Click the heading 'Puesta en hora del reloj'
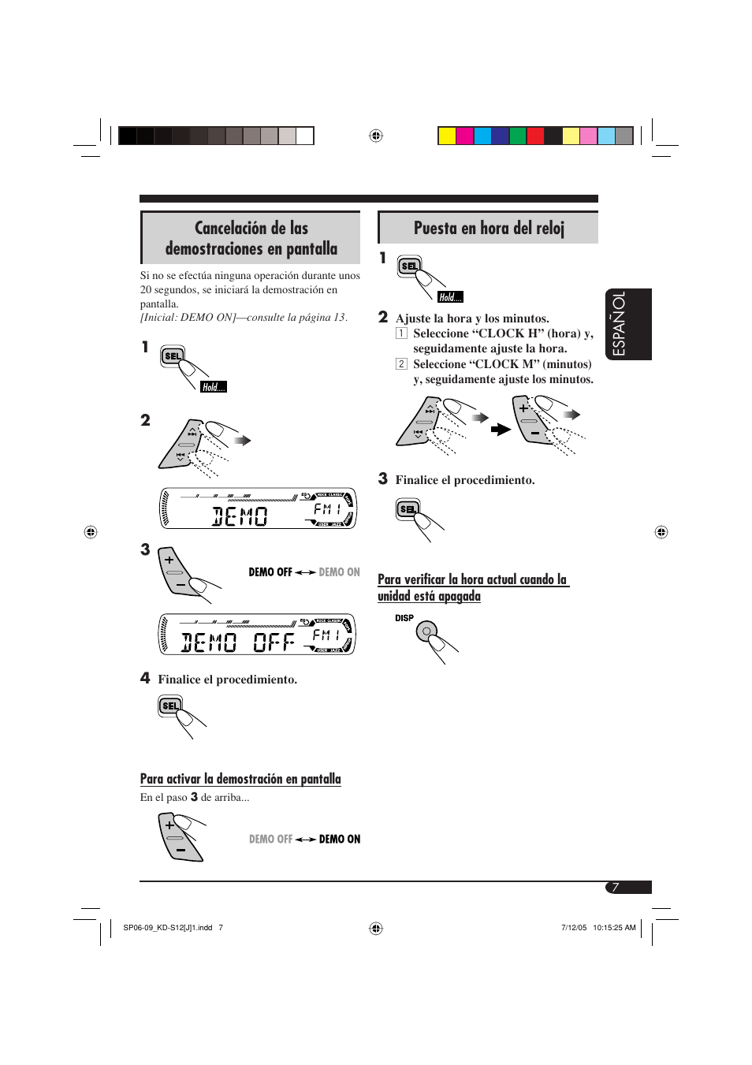[489, 229]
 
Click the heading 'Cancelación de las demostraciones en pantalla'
[251, 238]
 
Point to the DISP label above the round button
[404, 618]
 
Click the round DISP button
[426, 631]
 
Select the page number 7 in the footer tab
[616, 888]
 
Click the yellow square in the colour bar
[447, 136]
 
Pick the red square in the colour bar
[535, 136]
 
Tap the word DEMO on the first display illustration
[240, 516]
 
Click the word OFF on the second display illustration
[274, 642]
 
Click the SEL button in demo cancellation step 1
[173, 356]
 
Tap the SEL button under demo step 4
[170, 706]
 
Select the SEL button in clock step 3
[408, 509]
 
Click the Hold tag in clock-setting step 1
[450, 297]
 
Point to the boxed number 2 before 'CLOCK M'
[401, 364]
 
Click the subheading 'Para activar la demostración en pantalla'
[240, 779]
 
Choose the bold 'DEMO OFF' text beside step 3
[270, 572]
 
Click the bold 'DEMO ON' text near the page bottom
[340, 840]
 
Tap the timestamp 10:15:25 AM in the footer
[614, 928]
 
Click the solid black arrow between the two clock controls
[501, 430]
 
